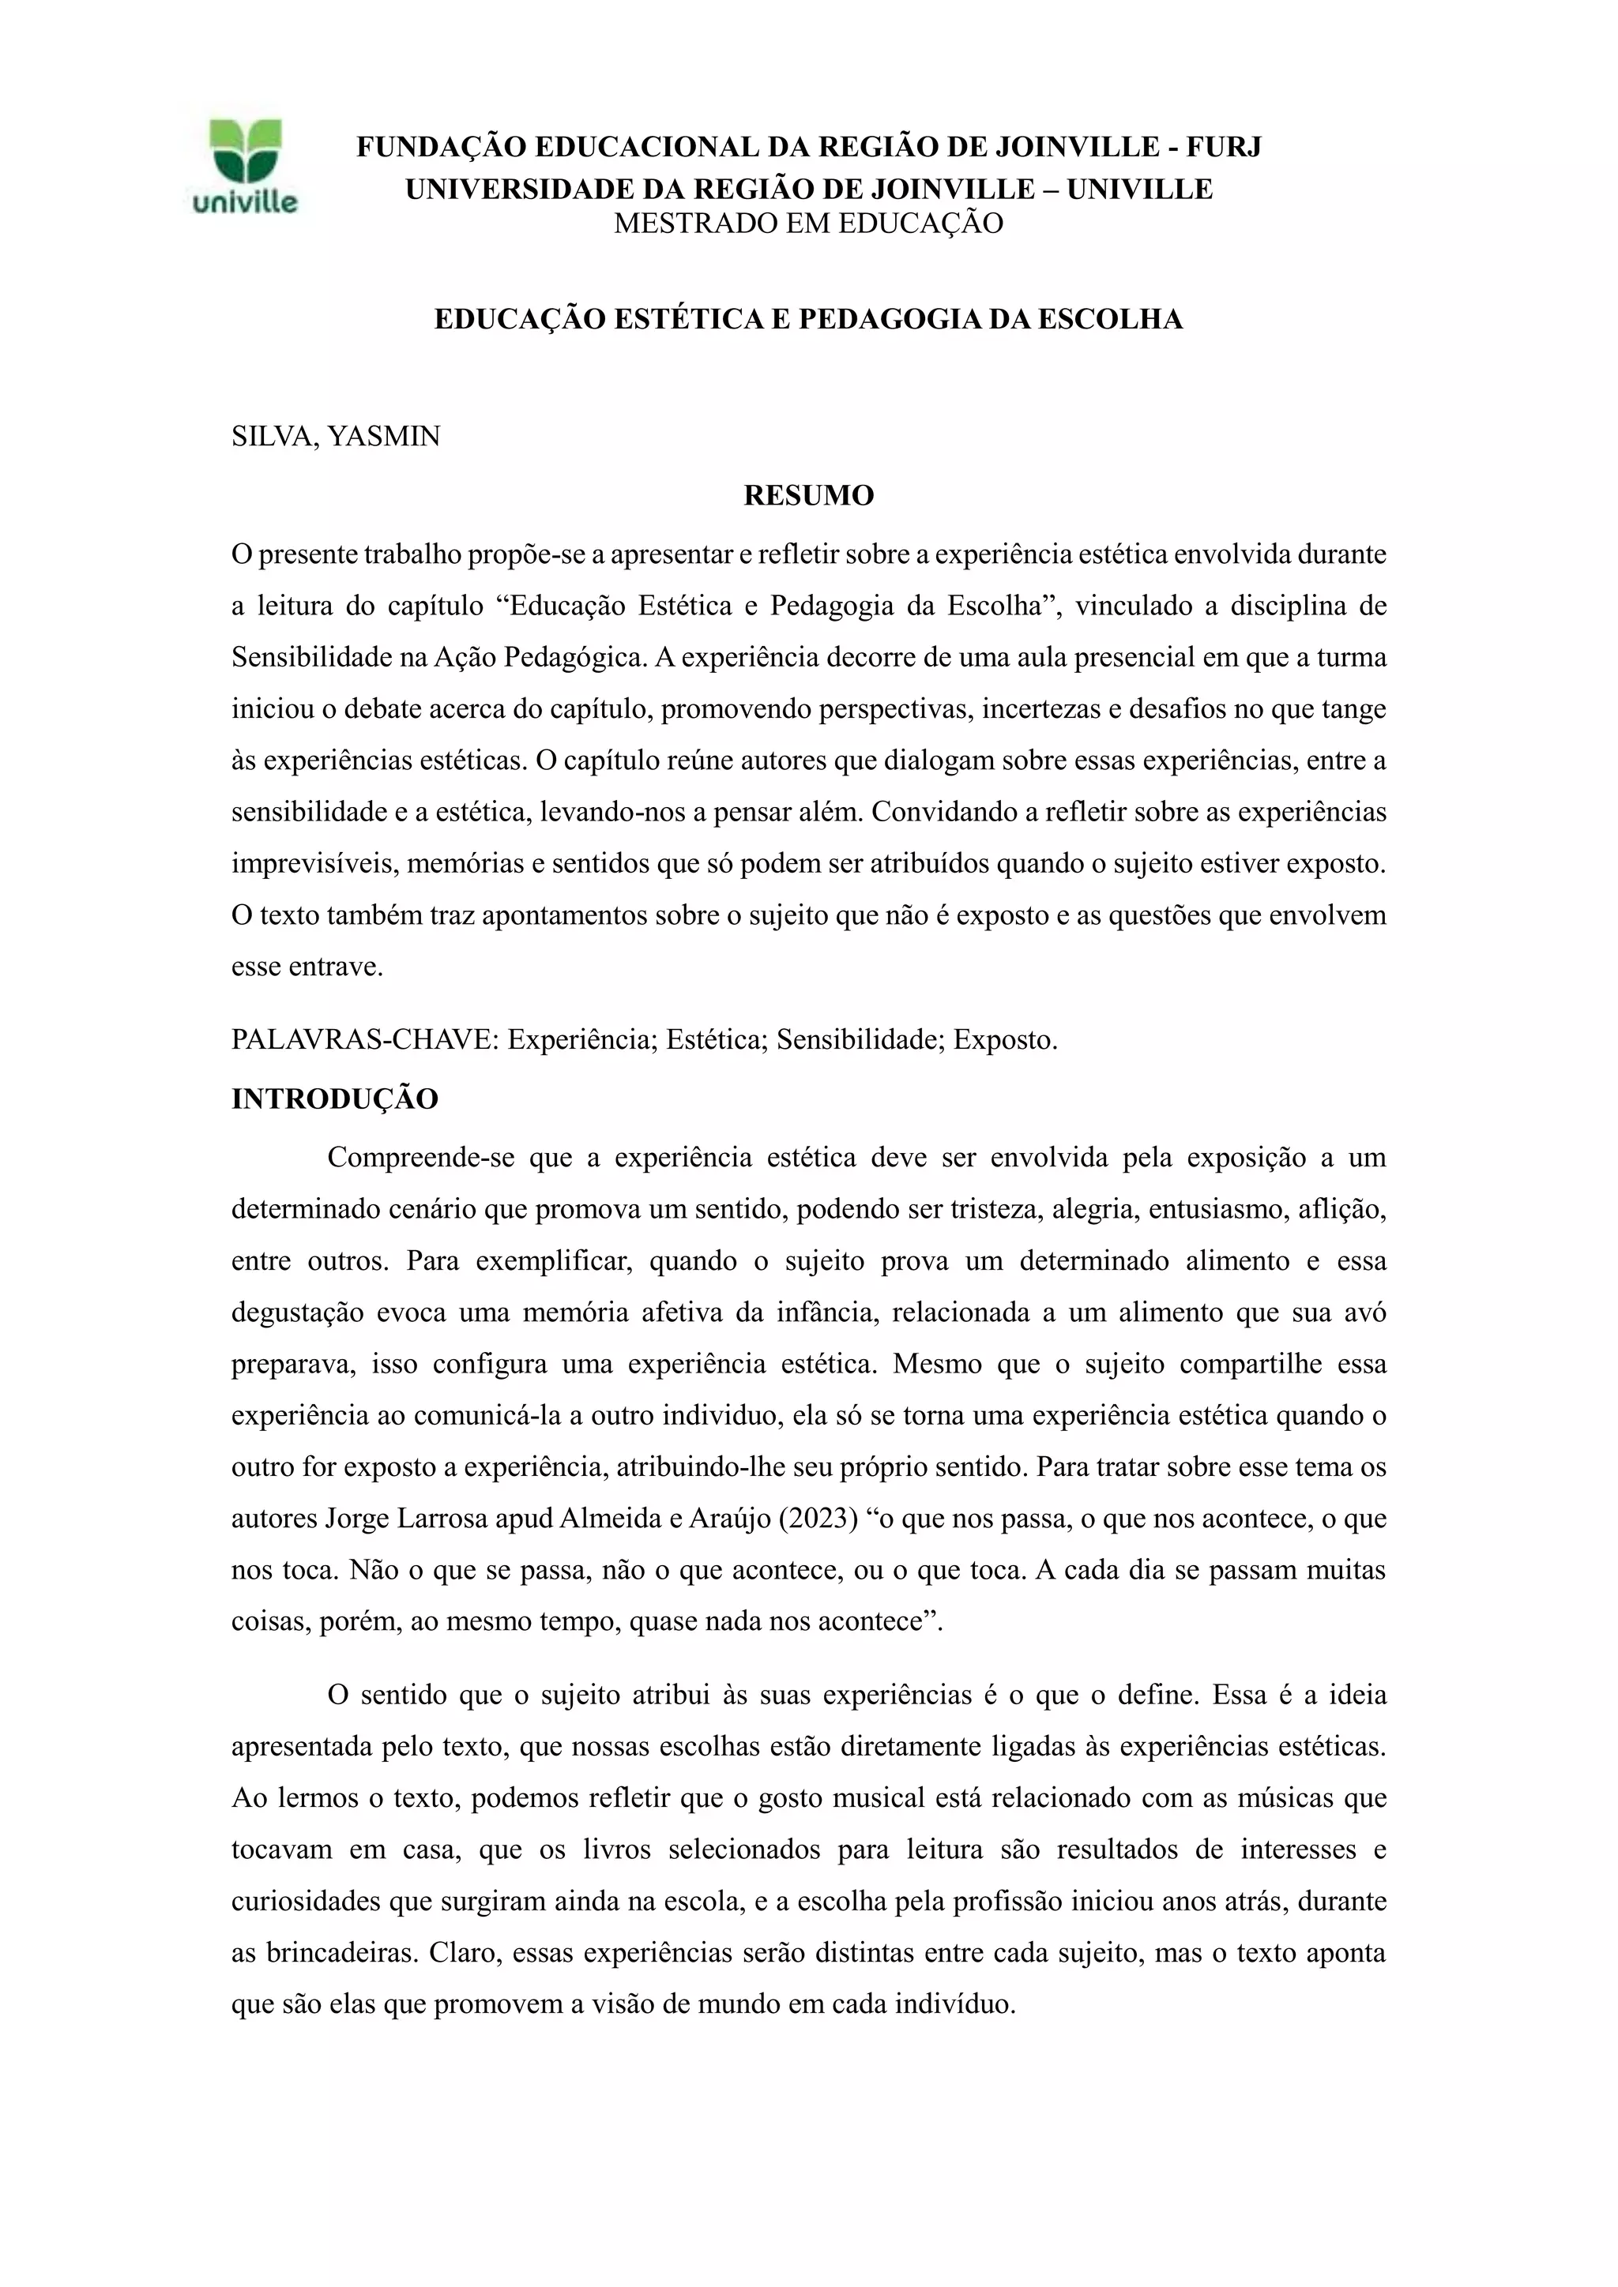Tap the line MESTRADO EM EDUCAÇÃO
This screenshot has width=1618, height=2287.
click(x=808, y=223)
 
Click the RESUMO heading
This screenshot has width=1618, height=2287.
click(x=808, y=495)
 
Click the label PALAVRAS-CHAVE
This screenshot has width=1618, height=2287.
click(x=363, y=1040)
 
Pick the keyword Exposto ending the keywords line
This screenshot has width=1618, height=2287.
click(x=1004, y=1040)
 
